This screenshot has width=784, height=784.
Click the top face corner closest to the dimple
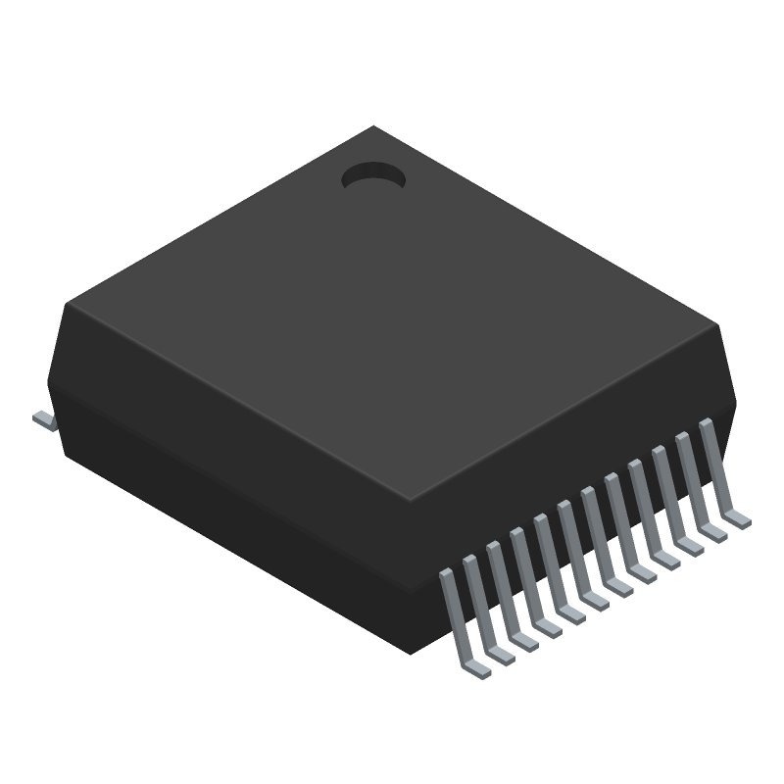coord(372,127)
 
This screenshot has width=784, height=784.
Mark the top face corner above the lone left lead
coord(67,304)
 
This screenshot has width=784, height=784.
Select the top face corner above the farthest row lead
coord(718,323)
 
